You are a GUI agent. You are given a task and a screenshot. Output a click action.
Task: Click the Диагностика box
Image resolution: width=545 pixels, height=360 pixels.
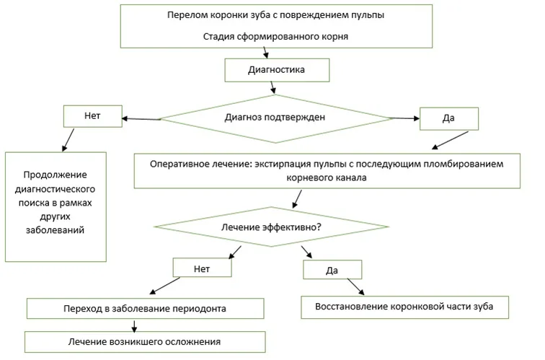click(x=277, y=70)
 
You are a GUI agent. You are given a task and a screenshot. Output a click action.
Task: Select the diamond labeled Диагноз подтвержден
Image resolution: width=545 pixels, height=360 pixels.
click(x=275, y=118)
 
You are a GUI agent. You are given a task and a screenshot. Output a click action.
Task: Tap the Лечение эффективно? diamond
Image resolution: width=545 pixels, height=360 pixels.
click(x=271, y=227)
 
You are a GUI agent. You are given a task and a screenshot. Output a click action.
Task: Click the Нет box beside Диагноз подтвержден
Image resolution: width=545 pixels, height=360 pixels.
click(x=93, y=116)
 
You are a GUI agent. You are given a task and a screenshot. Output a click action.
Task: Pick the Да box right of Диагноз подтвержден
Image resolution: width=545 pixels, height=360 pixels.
click(x=449, y=118)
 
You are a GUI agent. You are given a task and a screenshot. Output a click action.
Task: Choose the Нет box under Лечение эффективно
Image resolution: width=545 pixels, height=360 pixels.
click(x=203, y=268)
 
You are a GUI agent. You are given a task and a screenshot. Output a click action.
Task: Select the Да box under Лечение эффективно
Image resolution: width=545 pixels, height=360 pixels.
click(x=332, y=270)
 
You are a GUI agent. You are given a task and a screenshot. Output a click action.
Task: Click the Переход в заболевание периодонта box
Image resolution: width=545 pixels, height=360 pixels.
click(x=146, y=309)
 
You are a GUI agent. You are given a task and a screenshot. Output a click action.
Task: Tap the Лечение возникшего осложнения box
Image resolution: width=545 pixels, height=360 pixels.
click(x=145, y=342)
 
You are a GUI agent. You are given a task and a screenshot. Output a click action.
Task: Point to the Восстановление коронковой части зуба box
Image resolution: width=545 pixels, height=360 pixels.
click(x=404, y=307)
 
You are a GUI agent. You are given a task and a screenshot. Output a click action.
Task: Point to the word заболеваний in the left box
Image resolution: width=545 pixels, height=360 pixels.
click(x=56, y=230)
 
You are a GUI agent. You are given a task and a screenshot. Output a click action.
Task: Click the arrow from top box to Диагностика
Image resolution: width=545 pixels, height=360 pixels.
click(x=265, y=53)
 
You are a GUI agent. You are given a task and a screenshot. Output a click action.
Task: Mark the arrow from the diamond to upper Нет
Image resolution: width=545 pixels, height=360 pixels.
click(x=141, y=119)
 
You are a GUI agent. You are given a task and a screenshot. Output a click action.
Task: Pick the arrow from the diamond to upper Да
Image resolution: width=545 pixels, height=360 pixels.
click(x=404, y=118)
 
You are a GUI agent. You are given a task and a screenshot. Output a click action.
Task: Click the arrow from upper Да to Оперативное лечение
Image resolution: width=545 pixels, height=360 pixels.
click(x=450, y=140)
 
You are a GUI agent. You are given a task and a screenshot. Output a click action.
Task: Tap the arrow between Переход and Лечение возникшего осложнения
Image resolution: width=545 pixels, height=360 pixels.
click(x=134, y=326)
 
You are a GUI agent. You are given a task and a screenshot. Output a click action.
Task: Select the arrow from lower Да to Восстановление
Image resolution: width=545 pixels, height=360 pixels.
click(x=355, y=286)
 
